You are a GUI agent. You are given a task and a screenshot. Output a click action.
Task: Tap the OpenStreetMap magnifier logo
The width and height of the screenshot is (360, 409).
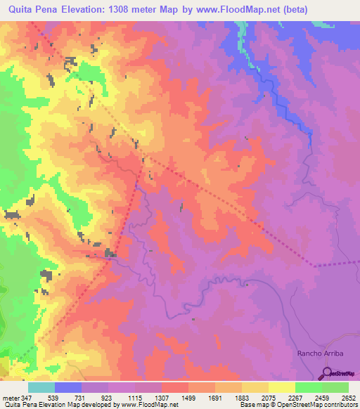(x=327, y=373)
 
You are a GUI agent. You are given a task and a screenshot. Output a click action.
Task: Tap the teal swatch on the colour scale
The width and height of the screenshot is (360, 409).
(x=41, y=387)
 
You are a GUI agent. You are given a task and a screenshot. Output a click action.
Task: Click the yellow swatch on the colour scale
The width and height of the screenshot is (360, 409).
(x=282, y=387)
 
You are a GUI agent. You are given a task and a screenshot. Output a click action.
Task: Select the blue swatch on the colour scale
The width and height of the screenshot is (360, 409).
(x=68, y=387)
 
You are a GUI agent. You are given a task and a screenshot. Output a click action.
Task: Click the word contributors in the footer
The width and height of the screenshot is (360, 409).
(x=340, y=405)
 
